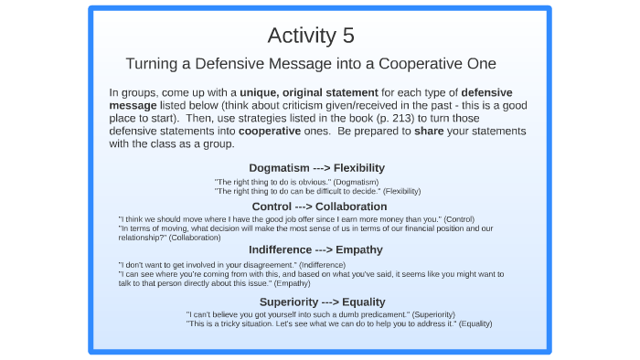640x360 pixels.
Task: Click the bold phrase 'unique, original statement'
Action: (x=309, y=92)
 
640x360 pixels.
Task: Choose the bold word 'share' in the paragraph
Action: (x=431, y=131)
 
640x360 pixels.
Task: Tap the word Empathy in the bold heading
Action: (x=359, y=249)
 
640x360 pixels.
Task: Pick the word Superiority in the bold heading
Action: (x=291, y=302)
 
